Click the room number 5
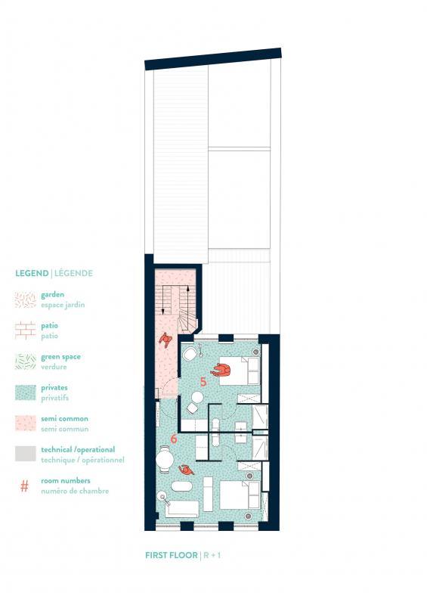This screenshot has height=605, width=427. click(203, 382)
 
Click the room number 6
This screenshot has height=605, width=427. click(174, 438)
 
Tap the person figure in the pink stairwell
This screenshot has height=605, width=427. click(166, 340)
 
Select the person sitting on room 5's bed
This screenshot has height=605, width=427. click(221, 370)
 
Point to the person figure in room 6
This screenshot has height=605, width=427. click(185, 470)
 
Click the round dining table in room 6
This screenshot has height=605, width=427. click(165, 458)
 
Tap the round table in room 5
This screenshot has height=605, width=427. click(197, 397)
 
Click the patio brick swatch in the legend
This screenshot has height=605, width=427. click(24, 330)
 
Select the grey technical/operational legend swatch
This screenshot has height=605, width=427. click(24, 454)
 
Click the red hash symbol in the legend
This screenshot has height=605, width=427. click(24, 486)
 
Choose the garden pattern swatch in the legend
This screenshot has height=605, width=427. click(24, 299)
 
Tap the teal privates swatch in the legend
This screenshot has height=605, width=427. click(24, 392)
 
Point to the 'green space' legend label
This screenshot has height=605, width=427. click(61, 356)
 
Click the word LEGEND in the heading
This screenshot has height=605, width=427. click(32, 273)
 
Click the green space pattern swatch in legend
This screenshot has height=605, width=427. click(24, 361)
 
